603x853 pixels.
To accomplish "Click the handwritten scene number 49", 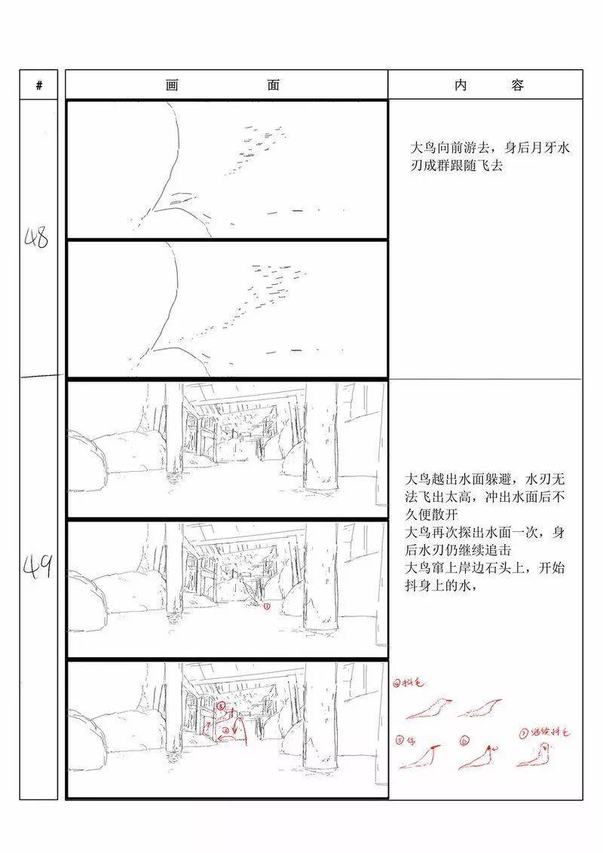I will coord(37,564).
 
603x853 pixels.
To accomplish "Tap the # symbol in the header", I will coord(39,85).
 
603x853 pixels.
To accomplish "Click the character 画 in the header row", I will coord(171,85).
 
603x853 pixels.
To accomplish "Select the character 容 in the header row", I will coord(517,85).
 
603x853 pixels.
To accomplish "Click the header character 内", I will coord(461,85).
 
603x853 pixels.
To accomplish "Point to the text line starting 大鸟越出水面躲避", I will coord(485,478).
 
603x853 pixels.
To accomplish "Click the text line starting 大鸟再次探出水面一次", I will coord(485,532).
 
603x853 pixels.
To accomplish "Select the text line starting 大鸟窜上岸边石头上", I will coord(485,568).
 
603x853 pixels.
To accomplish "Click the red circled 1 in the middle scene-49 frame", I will coord(266,606).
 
